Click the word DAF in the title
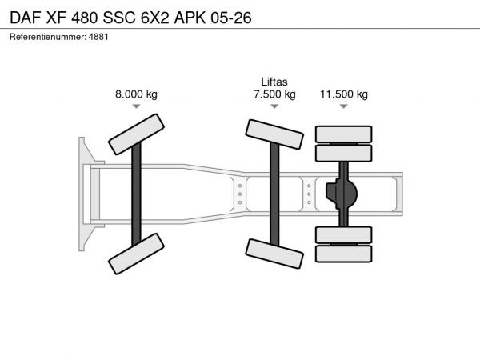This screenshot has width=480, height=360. pos(26,18)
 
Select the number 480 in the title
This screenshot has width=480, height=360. pos(85,18)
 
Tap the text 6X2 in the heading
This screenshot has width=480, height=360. pos(154,18)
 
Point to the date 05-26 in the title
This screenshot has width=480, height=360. pos(231,18)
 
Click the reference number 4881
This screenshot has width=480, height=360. pos(98,37)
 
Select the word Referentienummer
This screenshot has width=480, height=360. pos(48,37)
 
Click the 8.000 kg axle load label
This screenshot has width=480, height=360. pos(136,94)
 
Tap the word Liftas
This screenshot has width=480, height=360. pos(274,82)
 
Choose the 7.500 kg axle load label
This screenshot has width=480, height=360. pos(274,94)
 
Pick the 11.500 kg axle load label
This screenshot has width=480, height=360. pos(344,94)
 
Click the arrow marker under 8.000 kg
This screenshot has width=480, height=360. pos(136,106)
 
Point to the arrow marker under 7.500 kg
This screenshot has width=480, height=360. pos(274,106)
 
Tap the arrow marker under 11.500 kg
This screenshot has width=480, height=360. pos(344,106)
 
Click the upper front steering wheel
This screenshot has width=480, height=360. pos(136,134)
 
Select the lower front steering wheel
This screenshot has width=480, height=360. pos(136,254)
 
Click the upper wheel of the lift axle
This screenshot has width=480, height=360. pos(274,134)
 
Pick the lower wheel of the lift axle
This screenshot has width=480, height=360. pos(274,254)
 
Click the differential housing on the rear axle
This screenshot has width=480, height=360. pos(342,194)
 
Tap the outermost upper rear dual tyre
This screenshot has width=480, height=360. pos(344,134)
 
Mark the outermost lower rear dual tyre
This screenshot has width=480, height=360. pos(344,254)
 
